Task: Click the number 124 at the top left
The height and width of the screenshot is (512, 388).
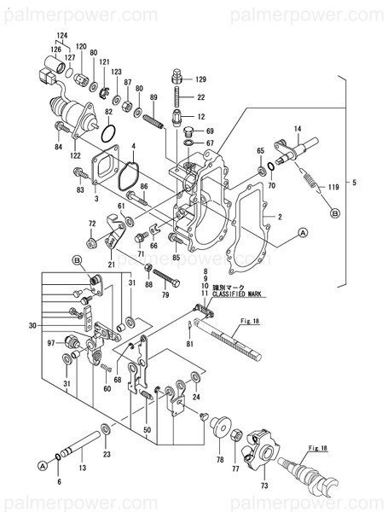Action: click(61, 35)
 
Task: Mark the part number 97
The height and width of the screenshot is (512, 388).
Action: click(51, 342)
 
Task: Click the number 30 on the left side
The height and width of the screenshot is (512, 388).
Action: click(32, 325)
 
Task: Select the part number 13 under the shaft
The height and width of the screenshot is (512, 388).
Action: click(83, 468)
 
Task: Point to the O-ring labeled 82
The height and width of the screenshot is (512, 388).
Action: click(108, 131)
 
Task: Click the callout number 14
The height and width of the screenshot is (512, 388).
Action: click(298, 129)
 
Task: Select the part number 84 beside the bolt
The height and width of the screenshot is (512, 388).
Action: click(59, 147)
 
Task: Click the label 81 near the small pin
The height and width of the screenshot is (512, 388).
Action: click(190, 344)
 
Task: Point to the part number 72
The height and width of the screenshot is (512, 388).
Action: click(92, 224)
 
